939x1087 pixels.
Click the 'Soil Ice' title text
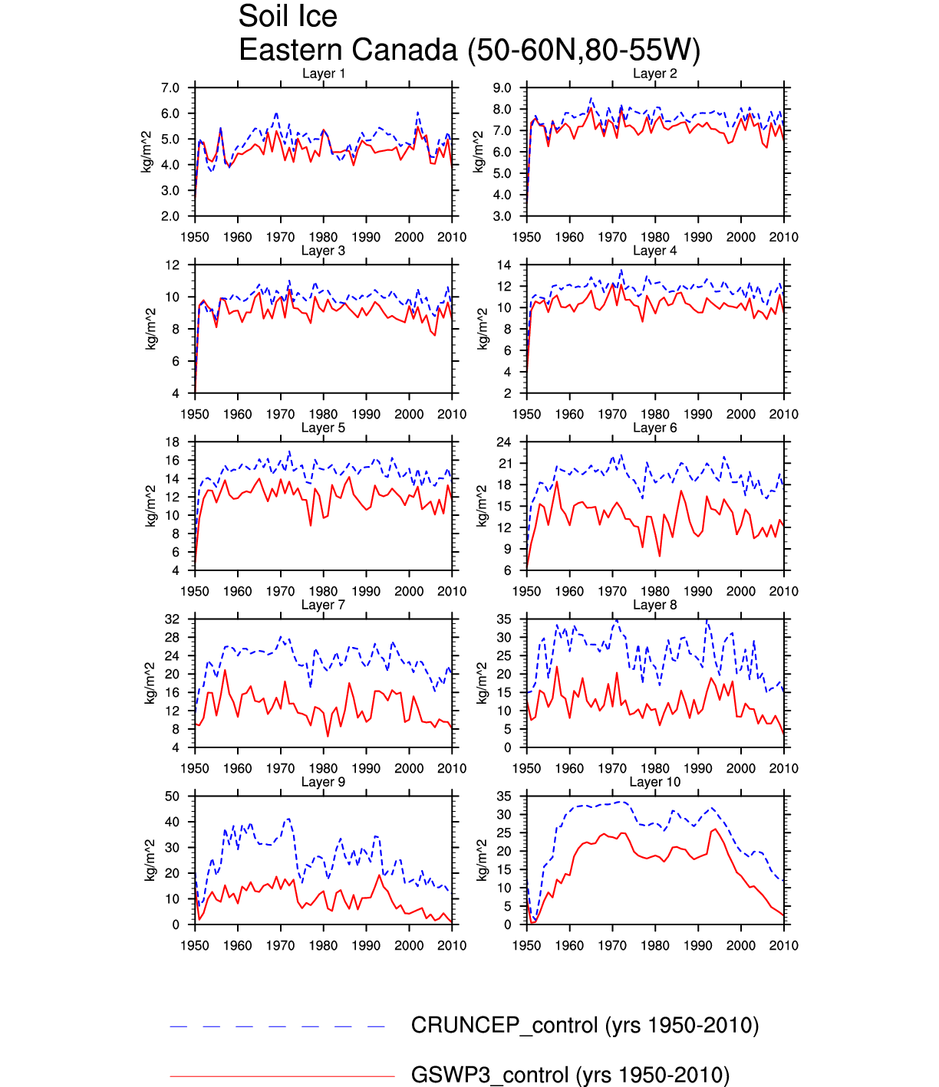coord(288,17)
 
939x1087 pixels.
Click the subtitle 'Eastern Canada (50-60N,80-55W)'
coord(470,51)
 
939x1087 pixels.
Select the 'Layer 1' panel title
coord(324,74)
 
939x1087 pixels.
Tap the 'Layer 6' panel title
coord(655,428)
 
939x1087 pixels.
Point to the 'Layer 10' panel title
coord(655,782)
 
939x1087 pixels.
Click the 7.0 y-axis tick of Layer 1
coord(170,88)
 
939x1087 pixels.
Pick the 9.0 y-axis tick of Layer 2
coord(502,88)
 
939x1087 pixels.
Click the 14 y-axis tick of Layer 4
coord(504,265)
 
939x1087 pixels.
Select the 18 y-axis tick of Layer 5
coord(173,442)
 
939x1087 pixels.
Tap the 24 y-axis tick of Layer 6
coord(504,442)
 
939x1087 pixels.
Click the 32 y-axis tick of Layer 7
coord(173,619)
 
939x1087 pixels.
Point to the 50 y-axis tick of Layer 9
coord(173,796)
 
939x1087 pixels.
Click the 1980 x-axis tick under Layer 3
coord(324,415)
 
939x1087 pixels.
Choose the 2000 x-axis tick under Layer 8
coord(741,769)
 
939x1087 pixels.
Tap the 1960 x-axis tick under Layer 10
coord(569,946)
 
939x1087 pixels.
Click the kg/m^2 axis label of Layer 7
coord(151,683)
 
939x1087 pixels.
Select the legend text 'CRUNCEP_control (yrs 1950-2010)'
coord(585,1026)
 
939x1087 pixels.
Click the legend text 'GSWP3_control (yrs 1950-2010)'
coord(570,1076)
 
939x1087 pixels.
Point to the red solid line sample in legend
coord(282,1076)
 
